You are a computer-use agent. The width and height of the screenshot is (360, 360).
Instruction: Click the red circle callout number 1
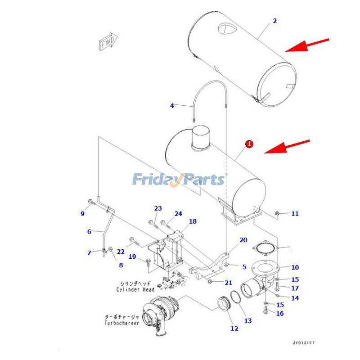click(249, 144)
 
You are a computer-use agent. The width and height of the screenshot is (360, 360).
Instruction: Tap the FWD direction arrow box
click(108, 42)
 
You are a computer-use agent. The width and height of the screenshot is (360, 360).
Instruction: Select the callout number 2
click(274, 21)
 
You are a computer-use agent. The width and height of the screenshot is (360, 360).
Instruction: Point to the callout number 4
click(172, 106)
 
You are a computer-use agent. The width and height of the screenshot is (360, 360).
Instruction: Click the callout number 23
click(158, 208)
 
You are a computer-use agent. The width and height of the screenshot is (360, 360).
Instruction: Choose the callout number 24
click(179, 214)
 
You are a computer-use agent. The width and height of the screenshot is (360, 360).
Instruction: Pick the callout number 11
click(295, 214)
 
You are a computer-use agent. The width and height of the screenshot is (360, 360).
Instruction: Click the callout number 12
click(234, 328)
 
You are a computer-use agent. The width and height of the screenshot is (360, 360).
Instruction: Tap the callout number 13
click(248, 321)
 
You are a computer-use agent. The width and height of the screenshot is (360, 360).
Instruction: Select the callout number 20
click(243, 240)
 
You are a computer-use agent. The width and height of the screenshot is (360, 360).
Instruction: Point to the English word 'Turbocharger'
click(122, 323)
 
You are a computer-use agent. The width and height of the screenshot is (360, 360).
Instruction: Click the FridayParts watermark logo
click(178, 180)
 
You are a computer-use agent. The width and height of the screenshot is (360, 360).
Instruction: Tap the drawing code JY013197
click(304, 343)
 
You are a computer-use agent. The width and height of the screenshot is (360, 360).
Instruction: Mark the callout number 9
click(82, 214)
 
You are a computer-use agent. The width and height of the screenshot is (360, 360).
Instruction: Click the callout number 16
click(280, 313)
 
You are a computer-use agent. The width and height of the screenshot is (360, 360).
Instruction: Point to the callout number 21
click(229, 283)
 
